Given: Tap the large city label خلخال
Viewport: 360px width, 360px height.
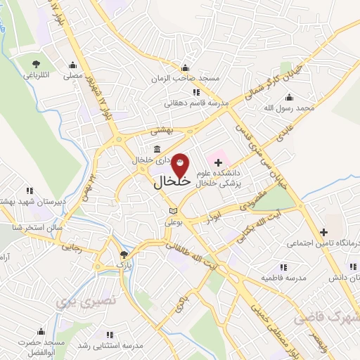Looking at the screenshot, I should (x=172, y=181).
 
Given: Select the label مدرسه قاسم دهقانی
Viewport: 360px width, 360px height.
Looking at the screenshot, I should (x=196, y=103).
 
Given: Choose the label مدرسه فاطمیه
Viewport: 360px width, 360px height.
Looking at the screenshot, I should (x=285, y=278).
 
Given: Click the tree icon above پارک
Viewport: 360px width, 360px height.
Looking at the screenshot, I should (x=124, y=255).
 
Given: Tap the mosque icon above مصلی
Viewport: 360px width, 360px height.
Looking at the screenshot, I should (x=72, y=65).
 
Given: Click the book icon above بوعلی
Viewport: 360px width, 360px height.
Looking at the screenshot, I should (x=173, y=210).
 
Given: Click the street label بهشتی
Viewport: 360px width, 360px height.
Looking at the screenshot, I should (x=162, y=131).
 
